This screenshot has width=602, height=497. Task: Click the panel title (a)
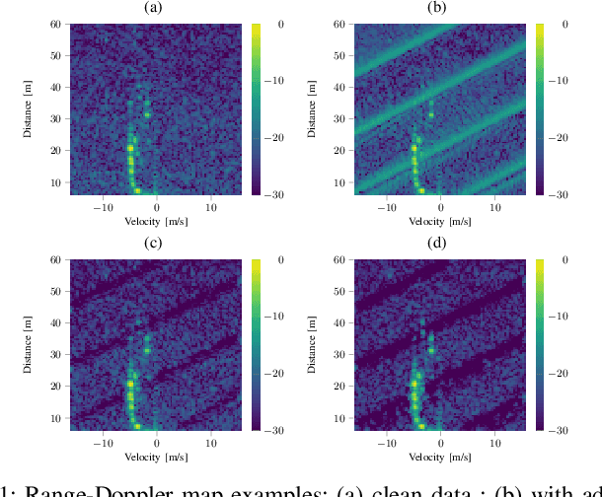point(154,8)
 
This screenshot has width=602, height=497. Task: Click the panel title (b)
point(437,8)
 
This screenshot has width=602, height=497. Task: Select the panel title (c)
point(154,244)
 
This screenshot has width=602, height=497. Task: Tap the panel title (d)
point(437,244)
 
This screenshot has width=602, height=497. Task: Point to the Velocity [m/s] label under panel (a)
point(155,222)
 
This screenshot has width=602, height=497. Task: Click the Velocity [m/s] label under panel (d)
point(438,458)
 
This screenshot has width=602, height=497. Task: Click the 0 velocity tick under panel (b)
point(441,208)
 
